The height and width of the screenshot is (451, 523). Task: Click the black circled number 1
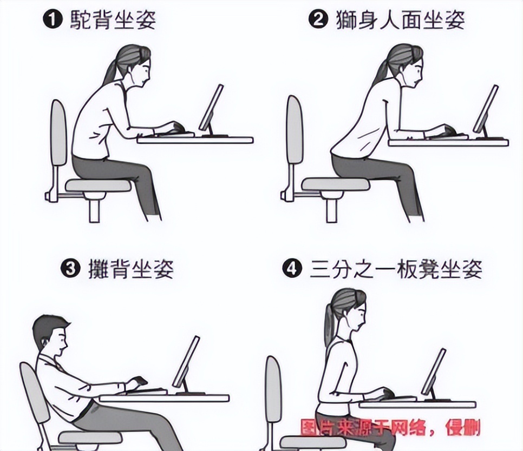(x=53, y=20)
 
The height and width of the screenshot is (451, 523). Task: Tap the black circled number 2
(x=318, y=19)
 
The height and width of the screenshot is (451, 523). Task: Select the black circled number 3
(x=70, y=269)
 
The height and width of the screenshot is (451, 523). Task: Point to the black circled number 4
(x=292, y=268)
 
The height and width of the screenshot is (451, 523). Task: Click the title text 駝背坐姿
(x=113, y=20)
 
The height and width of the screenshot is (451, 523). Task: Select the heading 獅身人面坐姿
(x=400, y=20)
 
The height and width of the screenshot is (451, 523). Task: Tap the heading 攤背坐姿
(x=131, y=269)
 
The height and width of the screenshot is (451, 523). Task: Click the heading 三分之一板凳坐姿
(x=396, y=269)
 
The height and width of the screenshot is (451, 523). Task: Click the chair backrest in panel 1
(x=58, y=132)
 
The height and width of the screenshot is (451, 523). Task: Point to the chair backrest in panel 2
(x=295, y=130)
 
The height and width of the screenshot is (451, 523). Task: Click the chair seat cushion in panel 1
(x=98, y=185)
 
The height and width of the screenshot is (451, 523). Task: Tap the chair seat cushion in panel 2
(x=336, y=184)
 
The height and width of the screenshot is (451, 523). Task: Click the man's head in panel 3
(x=51, y=335)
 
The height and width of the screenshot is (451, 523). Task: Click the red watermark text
(x=390, y=428)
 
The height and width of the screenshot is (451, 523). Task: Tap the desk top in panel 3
(x=165, y=398)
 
